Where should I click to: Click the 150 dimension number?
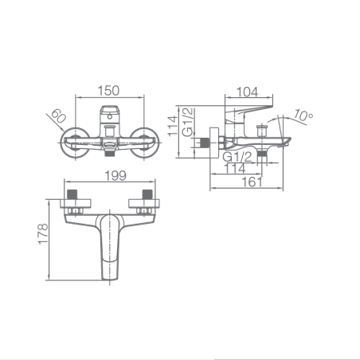[x=108, y=91]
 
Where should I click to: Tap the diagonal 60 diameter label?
[x=58, y=116]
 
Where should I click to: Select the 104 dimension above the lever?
[x=247, y=92]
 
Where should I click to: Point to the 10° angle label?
[x=303, y=115]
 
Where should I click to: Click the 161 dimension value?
[x=252, y=182]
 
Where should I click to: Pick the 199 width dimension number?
[x=115, y=176]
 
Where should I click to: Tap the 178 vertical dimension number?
[x=43, y=233]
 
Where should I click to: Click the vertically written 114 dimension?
[x=173, y=126]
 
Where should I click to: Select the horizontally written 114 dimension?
[x=235, y=169]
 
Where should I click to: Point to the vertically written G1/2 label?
[x=188, y=122]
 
